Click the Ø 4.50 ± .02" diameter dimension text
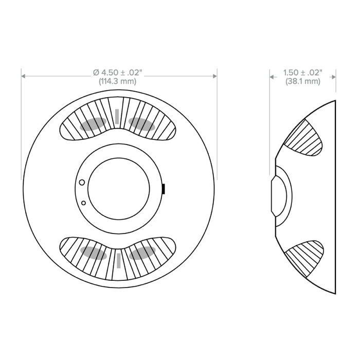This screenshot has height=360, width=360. coord(119,73)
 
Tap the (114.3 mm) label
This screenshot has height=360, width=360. coord(119,81)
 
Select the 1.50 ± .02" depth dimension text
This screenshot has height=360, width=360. coord(303,73)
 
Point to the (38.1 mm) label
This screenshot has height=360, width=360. coord(303,81)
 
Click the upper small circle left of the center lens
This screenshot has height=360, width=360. coord(81,182)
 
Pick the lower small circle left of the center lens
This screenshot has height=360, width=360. coord(83,203)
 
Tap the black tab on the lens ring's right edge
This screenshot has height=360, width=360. coord(163,188)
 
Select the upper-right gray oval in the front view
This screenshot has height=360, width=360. coord(142,123)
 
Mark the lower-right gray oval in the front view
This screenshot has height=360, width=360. coord(142,252)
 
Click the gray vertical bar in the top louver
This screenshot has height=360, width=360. coord(118,117)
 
